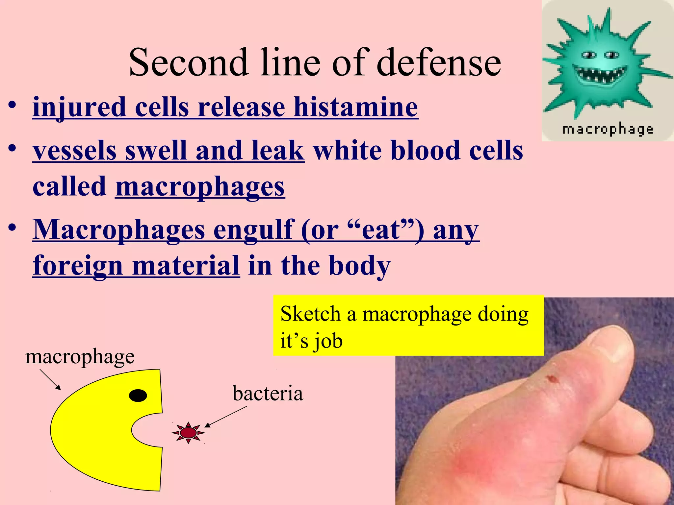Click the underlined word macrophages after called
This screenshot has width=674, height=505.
[x=200, y=186]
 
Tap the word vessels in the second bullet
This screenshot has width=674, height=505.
[x=74, y=151]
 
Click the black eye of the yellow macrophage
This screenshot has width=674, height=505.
[x=138, y=395]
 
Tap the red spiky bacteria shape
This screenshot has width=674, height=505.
[x=188, y=432]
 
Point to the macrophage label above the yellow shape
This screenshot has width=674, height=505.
[x=80, y=356]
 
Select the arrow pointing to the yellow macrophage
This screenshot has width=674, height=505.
[x=50, y=379]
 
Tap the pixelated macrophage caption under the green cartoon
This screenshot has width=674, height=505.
[x=608, y=129]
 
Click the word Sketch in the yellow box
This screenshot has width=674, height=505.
[x=310, y=314]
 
